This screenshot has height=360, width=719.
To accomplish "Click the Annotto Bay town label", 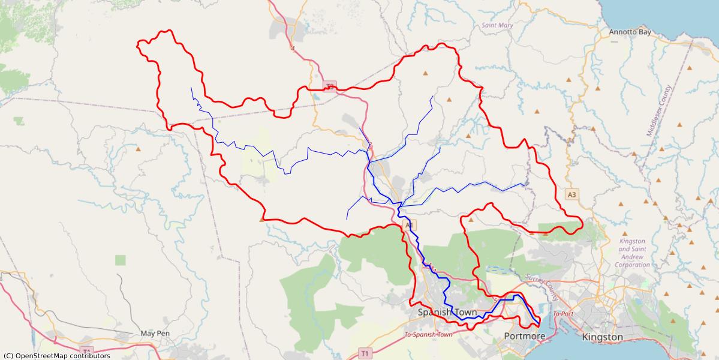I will click(630, 32).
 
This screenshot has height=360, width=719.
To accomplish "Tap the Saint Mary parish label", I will click(497, 25).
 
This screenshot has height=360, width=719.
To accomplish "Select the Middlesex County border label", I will click(660, 112).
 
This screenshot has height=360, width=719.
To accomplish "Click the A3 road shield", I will click(571, 194).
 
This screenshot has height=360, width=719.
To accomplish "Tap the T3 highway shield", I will click(330, 86).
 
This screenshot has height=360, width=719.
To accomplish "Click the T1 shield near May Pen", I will click(87, 351).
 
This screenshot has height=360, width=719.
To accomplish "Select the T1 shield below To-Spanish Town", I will click(365, 352).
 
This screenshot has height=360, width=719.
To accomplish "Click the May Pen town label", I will click(155, 333).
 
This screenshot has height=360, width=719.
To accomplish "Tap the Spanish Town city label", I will click(447, 313).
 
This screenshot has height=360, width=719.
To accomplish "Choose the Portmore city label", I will click(525, 336).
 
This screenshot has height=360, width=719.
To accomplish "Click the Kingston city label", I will click(602, 337).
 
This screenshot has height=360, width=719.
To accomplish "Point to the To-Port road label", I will click(564, 314).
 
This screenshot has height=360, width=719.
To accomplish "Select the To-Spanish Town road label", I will click(428, 335).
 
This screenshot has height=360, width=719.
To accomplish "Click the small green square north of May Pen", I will click(121, 260).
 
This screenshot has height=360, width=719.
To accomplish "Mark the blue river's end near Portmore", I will click(539, 327).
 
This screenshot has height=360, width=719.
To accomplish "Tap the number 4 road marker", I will click(293, 49).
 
